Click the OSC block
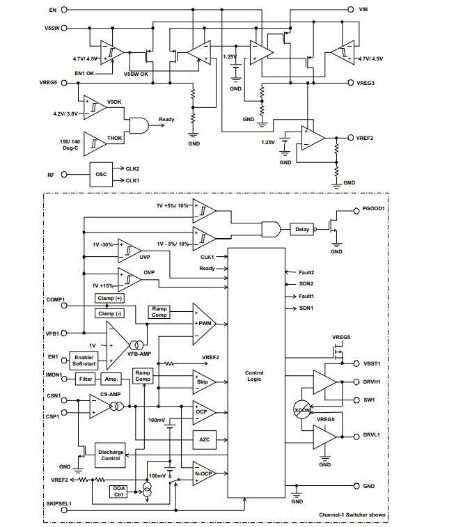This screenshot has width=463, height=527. tap(101, 175)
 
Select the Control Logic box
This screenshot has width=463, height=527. tap(256, 372)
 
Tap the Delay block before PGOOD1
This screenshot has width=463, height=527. tap(302, 230)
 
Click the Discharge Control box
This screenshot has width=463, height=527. tap(111, 455)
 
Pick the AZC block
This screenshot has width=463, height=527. tap(205, 439)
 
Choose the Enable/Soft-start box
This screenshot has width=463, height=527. tap(84, 361)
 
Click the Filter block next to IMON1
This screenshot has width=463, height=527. tap(86, 379)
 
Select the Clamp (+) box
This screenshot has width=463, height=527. tap(109, 298)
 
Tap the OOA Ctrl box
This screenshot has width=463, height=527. tap(118, 491)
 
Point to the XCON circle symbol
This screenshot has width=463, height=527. tap(302, 410)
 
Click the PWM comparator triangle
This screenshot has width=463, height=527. tap(204, 324)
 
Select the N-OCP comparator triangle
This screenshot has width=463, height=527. tap(204, 473)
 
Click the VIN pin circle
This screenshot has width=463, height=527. tap(351, 10)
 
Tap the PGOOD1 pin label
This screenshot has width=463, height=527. tap(373, 208)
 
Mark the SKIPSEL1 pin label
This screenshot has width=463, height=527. tap(59, 503)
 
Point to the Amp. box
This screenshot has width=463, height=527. tap(111, 379)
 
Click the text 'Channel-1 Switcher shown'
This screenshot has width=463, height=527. tap(352, 514)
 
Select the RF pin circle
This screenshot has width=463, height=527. tap(64, 175)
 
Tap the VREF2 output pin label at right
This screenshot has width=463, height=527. tap(365, 138)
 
